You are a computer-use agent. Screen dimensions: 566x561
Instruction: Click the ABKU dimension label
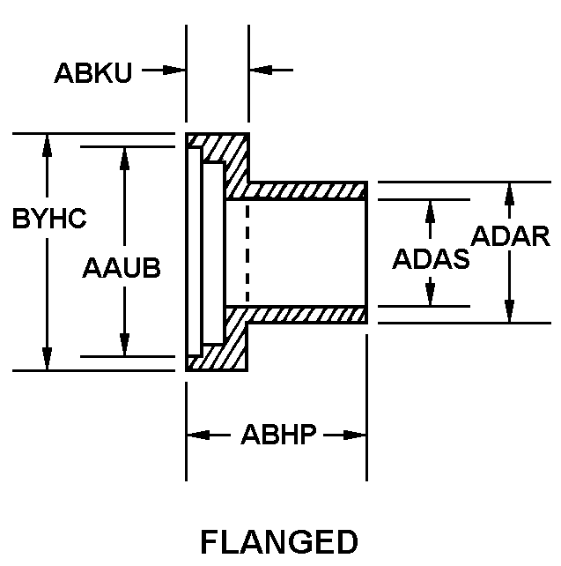(x=92, y=72)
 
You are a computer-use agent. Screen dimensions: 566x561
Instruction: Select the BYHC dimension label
(x=49, y=219)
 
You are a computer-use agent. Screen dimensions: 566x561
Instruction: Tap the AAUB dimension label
(x=122, y=268)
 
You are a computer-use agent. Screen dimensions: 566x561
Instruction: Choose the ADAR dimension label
(x=511, y=236)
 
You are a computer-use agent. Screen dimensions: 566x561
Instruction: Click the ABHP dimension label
(x=277, y=436)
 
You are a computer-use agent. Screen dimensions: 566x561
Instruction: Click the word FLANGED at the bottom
(x=279, y=540)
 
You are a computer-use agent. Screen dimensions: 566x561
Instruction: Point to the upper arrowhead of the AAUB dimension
(x=124, y=158)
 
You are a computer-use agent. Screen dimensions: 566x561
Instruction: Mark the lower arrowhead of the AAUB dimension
(x=124, y=346)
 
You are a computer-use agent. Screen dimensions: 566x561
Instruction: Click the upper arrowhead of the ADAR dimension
(x=509, y=193)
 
